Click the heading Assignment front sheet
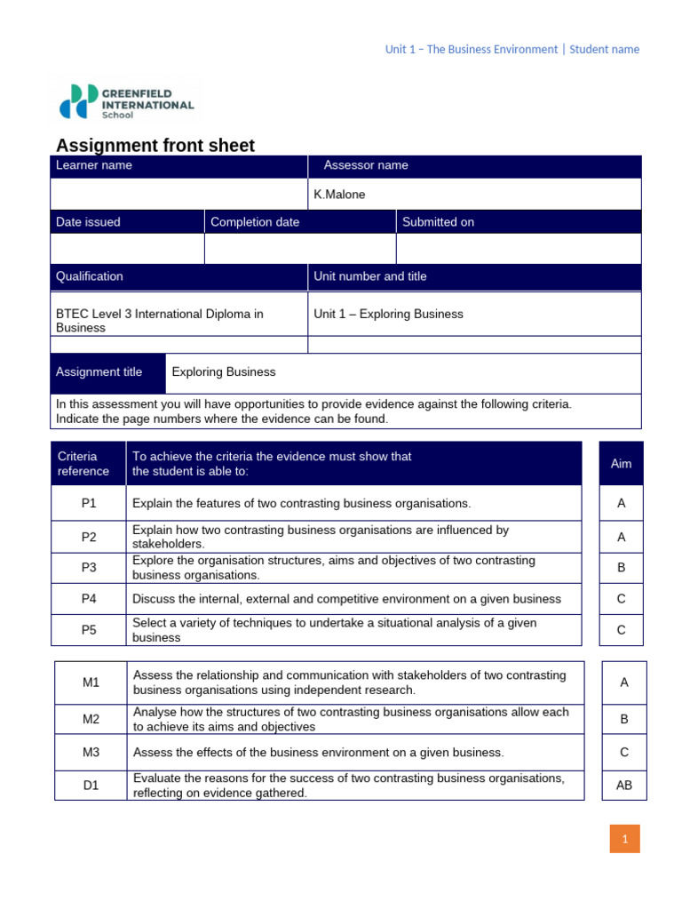pos(155,146)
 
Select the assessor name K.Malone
pos(339,195)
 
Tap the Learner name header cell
pos(178,165)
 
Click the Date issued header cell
pos(127,222)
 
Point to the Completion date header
pos(300,222)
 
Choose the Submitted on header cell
pos(518,222)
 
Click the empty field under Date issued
pos(127,249)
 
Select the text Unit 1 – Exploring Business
pos(388,314)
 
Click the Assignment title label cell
pos(107,372)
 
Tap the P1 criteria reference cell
pos(89,503)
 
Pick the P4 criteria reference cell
pos(89,599)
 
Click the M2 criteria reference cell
pos(91,719)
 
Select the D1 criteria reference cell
pos(91,786)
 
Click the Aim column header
pos(622,464)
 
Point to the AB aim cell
pos(624,786)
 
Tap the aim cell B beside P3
pos(622,568)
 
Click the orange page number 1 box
pos(624,839)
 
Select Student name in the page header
pos(604,50)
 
